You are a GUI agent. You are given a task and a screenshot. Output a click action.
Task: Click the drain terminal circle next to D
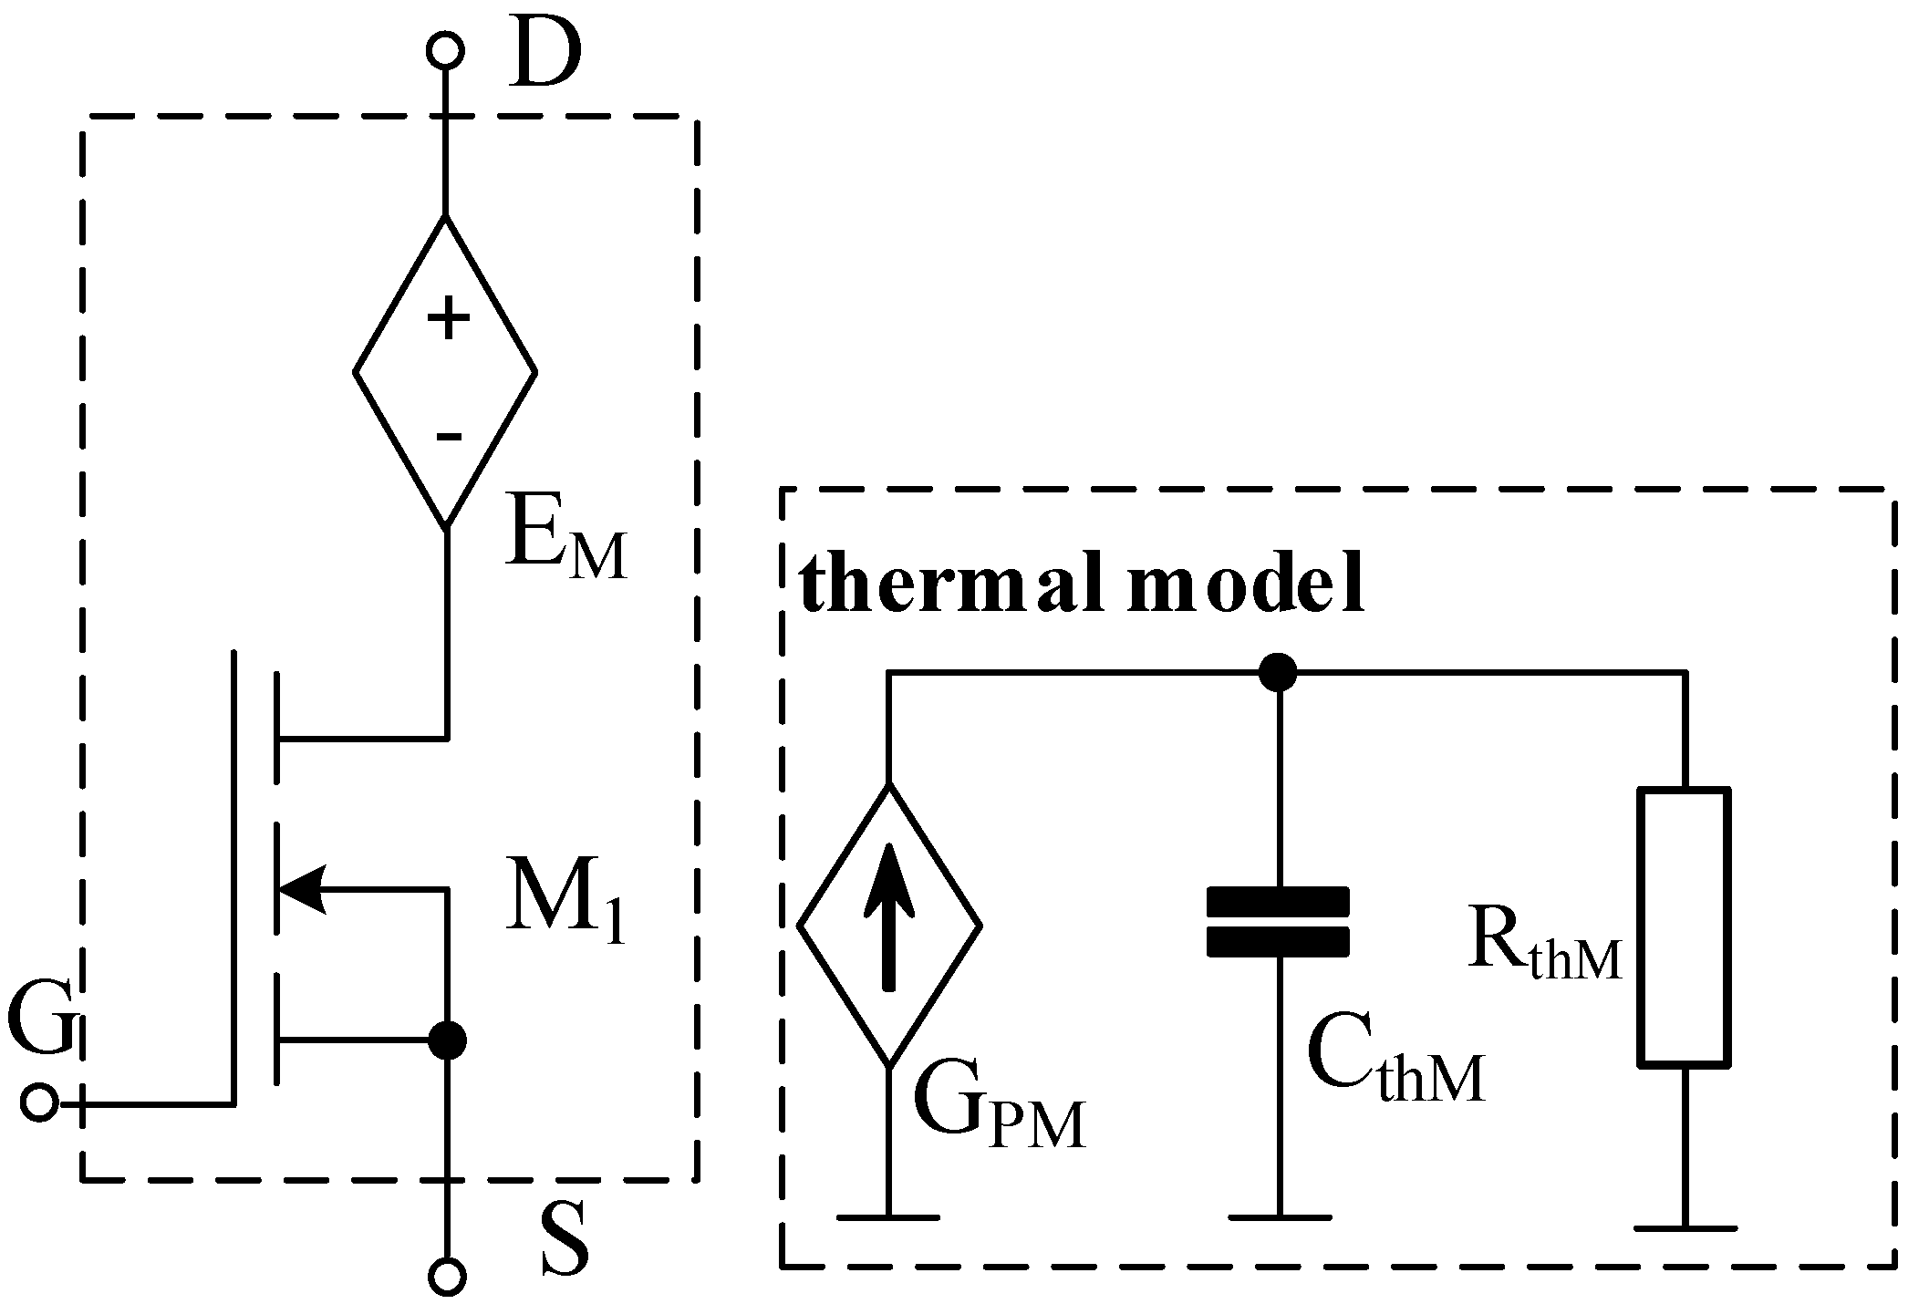click(x=446, y=50)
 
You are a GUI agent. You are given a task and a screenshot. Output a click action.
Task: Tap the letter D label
click(x=544, y=55)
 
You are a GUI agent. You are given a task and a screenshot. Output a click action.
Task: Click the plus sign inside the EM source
click(x=448, y=320)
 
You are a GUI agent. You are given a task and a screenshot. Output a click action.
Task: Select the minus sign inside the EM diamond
click(x=448, y=437)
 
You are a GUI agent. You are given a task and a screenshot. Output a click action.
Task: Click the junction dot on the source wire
click(x=447, y=1040)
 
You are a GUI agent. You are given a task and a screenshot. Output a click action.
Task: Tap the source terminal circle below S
click(x=446, y=1276)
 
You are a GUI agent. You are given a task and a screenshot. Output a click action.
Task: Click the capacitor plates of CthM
click(x=1278, y=922)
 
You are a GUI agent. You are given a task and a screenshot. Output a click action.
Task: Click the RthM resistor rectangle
click(x=1684, y=926)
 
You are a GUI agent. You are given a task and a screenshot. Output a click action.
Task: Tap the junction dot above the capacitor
click(x=1277, y=673)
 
